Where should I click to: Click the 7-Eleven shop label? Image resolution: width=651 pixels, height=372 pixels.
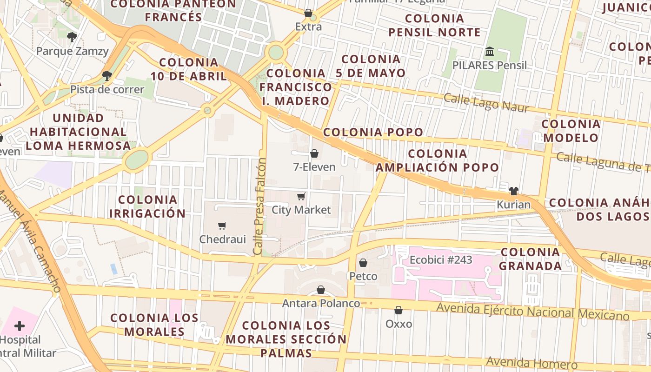click(x=314, y=166)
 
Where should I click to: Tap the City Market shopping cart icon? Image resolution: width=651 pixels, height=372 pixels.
click(x=301, y=197)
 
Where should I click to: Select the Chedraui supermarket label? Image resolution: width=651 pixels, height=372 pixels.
click(x=222, y=239)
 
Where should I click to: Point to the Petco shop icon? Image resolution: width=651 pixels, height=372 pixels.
click(x=363, y=263)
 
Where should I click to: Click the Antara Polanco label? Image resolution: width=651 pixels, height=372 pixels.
click(x=321, y=303)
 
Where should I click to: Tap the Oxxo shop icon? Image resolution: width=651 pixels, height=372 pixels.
click(x=399, y=310)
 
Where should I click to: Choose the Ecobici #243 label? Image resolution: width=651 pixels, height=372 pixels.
click(x=441, y=259)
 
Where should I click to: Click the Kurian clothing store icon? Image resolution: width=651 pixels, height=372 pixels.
click(x=513, y=191)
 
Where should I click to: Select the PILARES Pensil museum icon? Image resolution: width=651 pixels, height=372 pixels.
click(x=490, y=51)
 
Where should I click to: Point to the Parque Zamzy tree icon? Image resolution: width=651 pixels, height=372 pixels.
click(x=72, y=37)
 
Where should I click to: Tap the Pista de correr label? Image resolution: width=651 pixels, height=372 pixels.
click(x=107, y=89)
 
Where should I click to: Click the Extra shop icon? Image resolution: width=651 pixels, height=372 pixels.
click(x=308, y=13)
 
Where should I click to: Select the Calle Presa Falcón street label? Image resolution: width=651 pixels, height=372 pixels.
click(x=260, y=206)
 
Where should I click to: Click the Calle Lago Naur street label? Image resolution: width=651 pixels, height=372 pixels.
click(x=486, y=103)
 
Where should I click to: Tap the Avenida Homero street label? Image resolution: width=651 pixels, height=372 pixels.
click(x=531, y=363)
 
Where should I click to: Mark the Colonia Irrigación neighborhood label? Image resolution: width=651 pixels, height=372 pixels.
click(x=148, y=206)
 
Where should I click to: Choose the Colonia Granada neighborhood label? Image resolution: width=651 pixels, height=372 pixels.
click(x=530, y=259)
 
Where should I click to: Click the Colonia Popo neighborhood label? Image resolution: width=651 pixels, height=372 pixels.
click(x=373, y=132)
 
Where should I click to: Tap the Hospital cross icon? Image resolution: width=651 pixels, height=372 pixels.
click(x=20, y=325)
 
